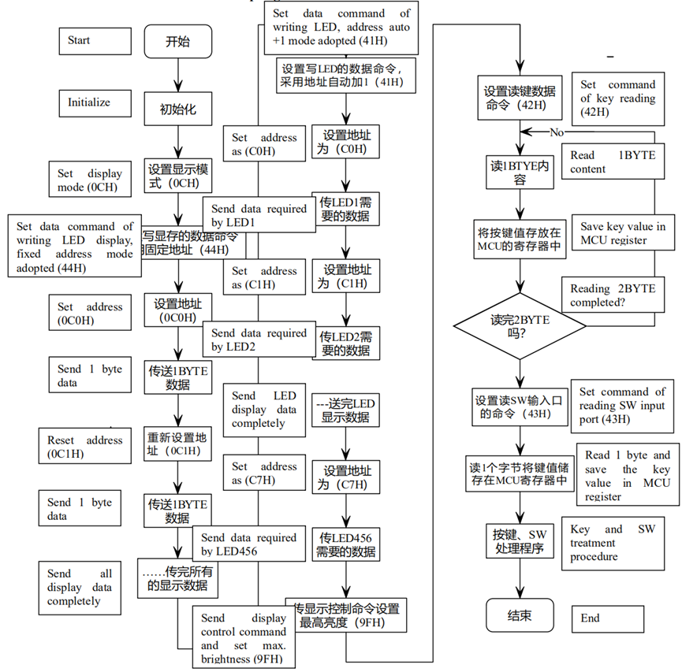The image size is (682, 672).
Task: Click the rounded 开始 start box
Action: point(177,42)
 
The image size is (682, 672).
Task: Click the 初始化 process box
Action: point(177,110)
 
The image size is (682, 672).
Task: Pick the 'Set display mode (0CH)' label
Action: point(90,180)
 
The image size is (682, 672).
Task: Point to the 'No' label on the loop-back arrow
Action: point(557,132)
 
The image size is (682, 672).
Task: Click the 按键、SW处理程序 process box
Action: point(518,540)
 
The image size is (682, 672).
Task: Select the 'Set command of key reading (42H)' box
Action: point(617,98)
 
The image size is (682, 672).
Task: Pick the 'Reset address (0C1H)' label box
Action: point(85,447)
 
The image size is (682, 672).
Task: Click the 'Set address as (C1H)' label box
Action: point(265,277)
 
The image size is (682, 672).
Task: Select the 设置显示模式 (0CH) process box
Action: point(177,175)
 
